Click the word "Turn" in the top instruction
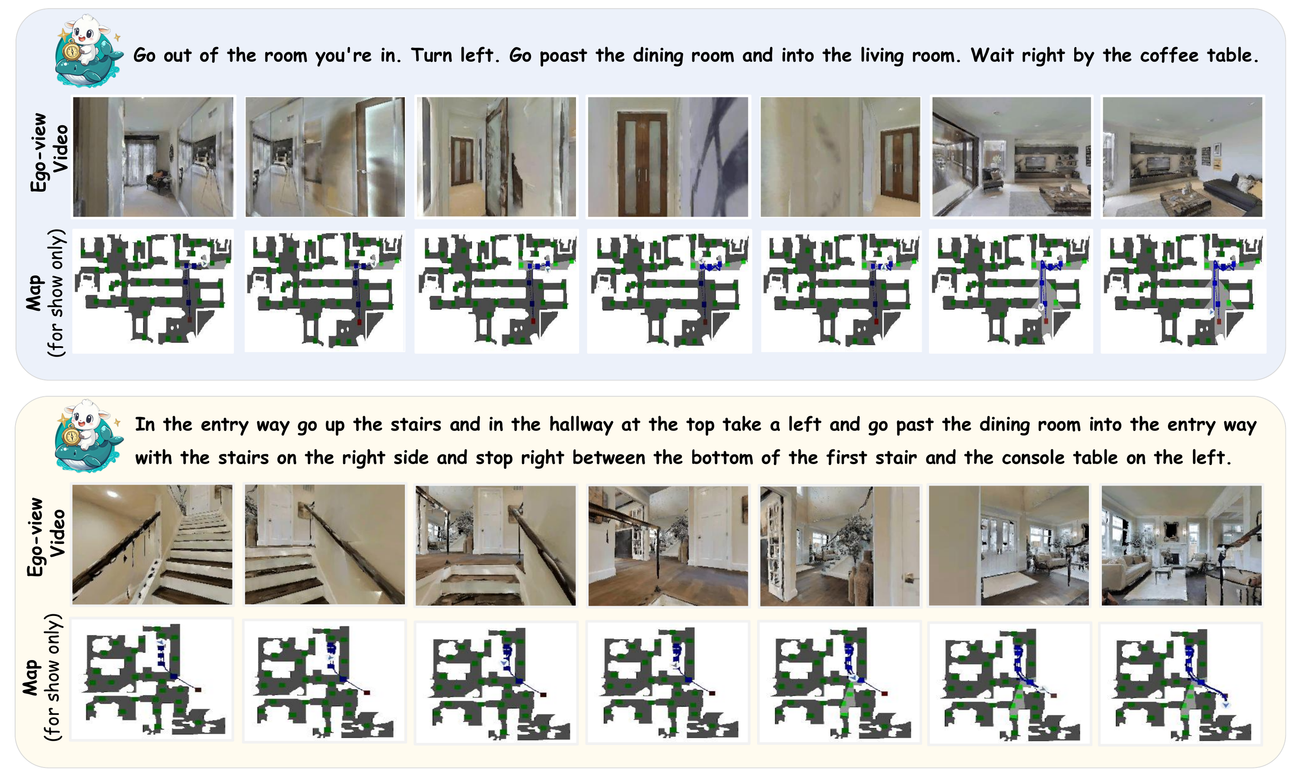point(430,55)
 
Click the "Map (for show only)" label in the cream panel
point(42,676)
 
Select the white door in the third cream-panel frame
point(489,521)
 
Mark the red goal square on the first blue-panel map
point(189,320)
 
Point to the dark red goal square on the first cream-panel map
point(198,689)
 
